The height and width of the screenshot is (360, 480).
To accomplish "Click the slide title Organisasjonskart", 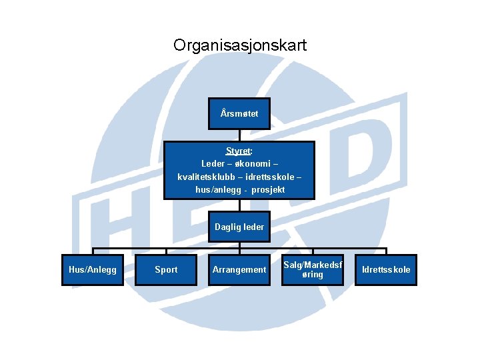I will [x=240, y=45].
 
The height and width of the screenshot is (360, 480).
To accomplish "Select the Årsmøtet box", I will [x=239, y=114].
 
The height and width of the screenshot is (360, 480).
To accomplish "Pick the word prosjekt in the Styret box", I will [x=268, y=190].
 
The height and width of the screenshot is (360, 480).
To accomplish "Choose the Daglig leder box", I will [x=239, y=227].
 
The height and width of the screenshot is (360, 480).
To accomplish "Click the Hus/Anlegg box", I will [x=93, y=270].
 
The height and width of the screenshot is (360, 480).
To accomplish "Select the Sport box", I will [x=166, y=270].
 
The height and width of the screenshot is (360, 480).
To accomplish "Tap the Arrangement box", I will [x=239, y=270].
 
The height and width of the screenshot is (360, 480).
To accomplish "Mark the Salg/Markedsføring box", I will [x=313, y=270].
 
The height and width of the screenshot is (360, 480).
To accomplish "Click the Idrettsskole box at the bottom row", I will [x=386, y=270].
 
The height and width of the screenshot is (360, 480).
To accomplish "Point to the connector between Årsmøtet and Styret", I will [x=239, y=135].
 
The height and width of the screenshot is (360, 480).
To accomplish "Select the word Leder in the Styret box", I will [x=213, y=164].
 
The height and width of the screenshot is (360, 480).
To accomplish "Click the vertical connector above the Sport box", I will [x=166, y=251].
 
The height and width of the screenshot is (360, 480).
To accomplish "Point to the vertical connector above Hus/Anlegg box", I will [x=93, y=251].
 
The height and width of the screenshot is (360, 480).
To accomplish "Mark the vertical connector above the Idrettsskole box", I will [x=386, y=251].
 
